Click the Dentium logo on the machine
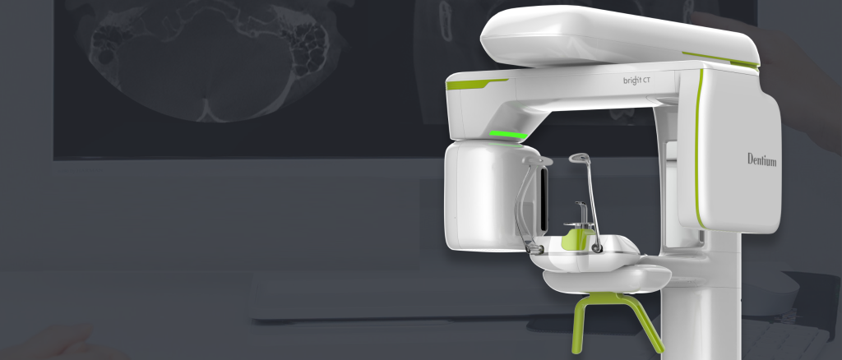tap(762, 159)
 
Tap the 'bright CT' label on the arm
tap(637, 81)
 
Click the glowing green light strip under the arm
tap(508, 135)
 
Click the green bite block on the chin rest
tap(577, 238)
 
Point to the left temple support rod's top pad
tap(536, 161)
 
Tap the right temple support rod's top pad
tap(580, 159)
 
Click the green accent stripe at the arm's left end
tap(475, 84)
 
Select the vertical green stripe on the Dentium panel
tap(698, 150)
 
